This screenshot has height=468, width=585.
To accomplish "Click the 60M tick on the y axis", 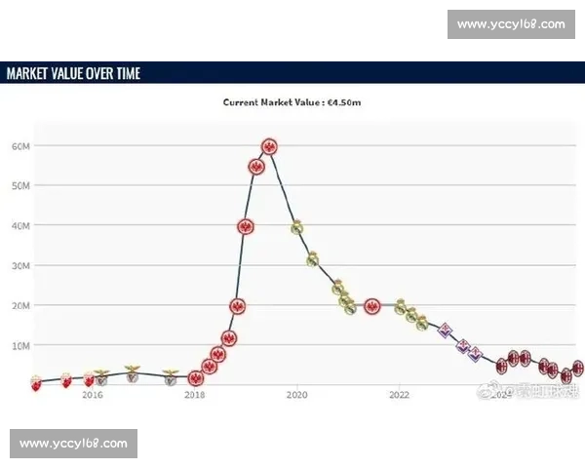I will point(21,145).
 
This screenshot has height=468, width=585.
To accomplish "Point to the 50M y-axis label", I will point(21,185).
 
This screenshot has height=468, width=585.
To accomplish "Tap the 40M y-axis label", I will point(21,225).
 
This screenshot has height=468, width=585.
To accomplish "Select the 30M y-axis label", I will point(21,265).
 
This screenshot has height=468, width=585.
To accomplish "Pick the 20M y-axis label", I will point(21,305).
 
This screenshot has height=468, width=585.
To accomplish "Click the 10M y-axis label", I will point(21,345).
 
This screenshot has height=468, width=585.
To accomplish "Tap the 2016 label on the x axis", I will point(93,395).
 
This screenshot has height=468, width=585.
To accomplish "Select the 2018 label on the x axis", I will point(195,395).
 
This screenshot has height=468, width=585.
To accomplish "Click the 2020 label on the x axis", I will point(296,395).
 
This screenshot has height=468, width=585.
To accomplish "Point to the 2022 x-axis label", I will point(399,395).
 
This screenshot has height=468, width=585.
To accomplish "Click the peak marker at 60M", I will point(270,146).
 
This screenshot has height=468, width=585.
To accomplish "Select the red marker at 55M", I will point(256,167).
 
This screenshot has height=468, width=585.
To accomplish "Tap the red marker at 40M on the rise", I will point(246,226).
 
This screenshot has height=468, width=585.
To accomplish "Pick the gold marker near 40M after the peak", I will point(297,227).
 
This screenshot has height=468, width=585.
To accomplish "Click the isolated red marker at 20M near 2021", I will point(371,306).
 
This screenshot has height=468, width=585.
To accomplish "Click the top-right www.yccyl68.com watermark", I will point(510,23).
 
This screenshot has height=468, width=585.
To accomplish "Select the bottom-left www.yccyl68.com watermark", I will point(73,444).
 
